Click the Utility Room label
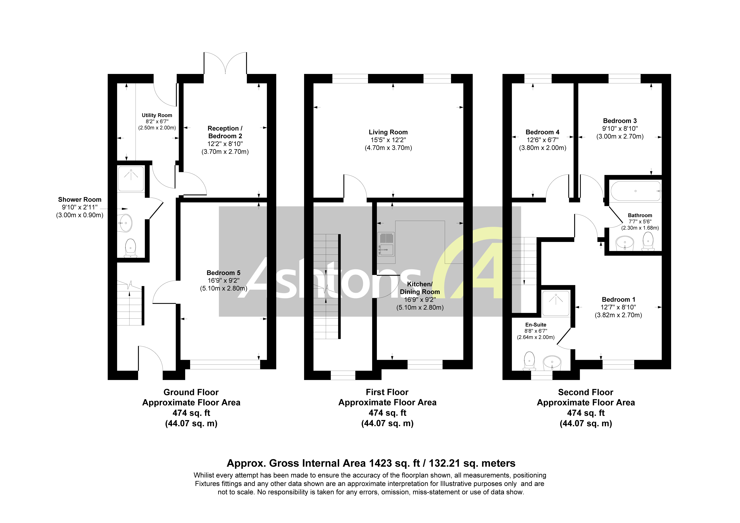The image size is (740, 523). [157, 115]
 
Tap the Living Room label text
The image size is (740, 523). [388, 132]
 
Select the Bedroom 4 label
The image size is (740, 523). [542, 132]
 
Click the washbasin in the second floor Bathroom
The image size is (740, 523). [625, 243]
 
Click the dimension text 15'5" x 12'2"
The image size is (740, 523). [388, 140]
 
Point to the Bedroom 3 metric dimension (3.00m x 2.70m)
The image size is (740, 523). [620, 136]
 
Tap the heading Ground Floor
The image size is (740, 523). [191, 392]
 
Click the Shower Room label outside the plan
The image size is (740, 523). [80, 200]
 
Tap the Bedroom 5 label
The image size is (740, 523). [223, 273]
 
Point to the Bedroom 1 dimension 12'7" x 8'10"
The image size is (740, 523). [618, 307]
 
